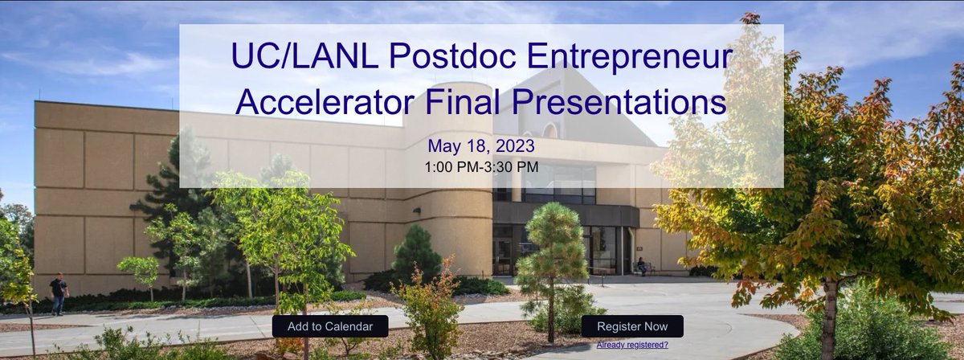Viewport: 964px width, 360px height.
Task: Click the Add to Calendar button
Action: [330, 326]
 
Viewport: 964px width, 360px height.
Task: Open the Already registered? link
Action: [632, 345]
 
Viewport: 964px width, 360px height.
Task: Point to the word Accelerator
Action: [330, 103]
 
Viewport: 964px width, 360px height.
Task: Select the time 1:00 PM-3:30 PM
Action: [481, 167]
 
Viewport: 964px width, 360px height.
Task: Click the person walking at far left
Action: [58, 293]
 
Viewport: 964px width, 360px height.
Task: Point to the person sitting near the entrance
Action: [641, 266]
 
